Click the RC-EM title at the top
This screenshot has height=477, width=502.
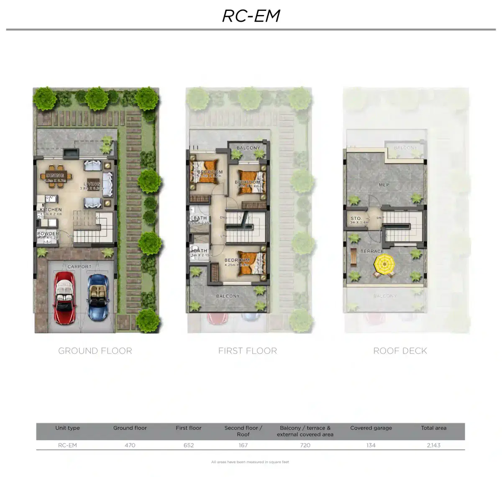251,16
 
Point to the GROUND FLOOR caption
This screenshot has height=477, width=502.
95,351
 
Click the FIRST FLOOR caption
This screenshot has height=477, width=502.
248,351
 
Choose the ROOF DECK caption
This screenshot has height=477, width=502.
400,351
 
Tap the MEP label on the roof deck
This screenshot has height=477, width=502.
384,185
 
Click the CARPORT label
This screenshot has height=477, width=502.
79,267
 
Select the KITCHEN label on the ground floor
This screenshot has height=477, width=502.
51,210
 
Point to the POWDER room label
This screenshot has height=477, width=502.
48,234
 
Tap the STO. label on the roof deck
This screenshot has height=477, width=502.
356,218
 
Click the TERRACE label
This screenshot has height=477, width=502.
372,251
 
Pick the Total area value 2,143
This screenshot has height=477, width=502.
433,445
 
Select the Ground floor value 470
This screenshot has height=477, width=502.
130,445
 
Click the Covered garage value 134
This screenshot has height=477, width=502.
371,445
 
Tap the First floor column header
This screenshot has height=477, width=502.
188,428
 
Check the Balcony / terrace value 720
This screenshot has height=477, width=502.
305,445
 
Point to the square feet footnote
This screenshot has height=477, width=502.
250,462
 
